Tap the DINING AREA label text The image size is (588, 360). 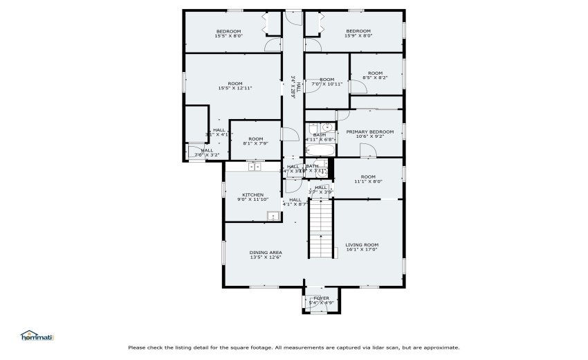[x=266, y=253]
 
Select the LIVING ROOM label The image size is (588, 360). [x=362, y=244]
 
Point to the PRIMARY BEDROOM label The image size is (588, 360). [x=370, y=132]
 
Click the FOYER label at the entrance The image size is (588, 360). [x=322, y=298]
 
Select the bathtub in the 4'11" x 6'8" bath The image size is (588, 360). [x=320, y=150]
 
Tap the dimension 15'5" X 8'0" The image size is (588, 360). [x=228, y=36]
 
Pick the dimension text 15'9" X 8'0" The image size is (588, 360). [x=358, y=36]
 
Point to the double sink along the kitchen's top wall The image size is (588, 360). [x=255, y=166]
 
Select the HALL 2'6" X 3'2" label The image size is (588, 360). [x=207, y=153]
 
